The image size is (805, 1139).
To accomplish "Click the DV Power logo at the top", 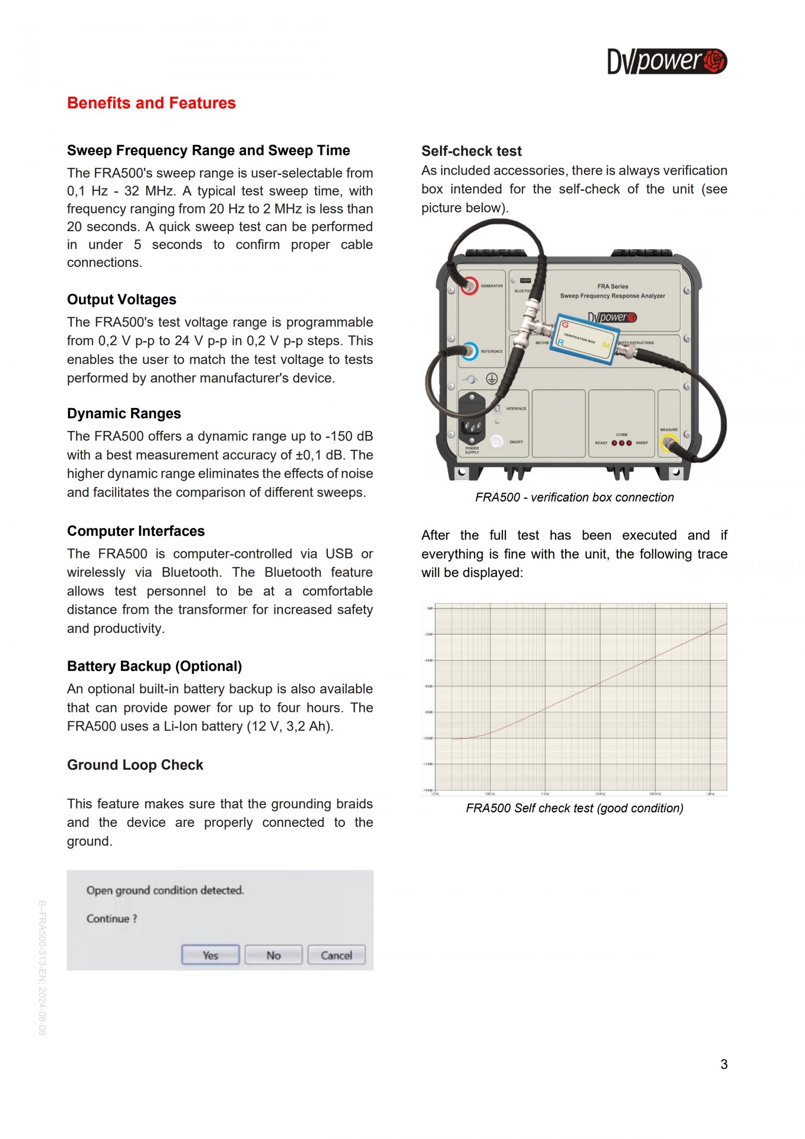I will (667, 62).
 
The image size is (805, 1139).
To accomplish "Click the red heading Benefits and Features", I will (151, 103).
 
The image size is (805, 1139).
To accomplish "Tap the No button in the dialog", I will (273, 955).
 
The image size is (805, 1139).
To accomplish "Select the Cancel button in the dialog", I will (336, 955).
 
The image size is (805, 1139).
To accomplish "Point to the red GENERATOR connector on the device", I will (468, 286).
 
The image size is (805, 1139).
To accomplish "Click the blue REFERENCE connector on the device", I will (469, 351).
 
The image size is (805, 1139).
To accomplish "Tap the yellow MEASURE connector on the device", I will (669, 443).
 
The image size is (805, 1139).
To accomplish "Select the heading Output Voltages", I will (122, 300).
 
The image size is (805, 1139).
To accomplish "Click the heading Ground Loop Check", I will (135, 765).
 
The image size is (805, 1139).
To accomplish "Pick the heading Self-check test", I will (471, 151).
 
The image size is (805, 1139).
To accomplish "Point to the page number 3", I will (724, 1064).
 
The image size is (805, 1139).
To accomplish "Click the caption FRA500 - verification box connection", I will (574, 498).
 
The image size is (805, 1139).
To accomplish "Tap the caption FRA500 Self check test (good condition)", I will (574, 808).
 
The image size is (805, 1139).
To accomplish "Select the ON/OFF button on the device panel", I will (496, 441).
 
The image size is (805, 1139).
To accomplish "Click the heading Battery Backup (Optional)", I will (154, 666).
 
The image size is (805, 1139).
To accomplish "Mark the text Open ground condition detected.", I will (165, 891).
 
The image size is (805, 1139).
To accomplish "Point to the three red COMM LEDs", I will (622, 443).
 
